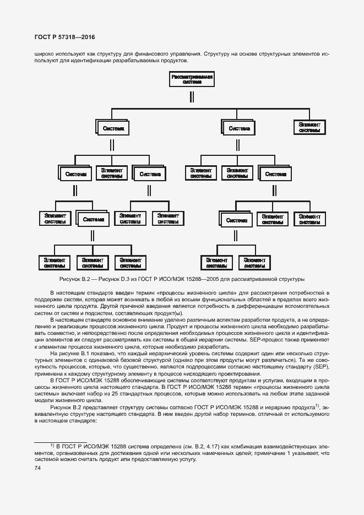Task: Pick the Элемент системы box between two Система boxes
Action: [x=112, y=173]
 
